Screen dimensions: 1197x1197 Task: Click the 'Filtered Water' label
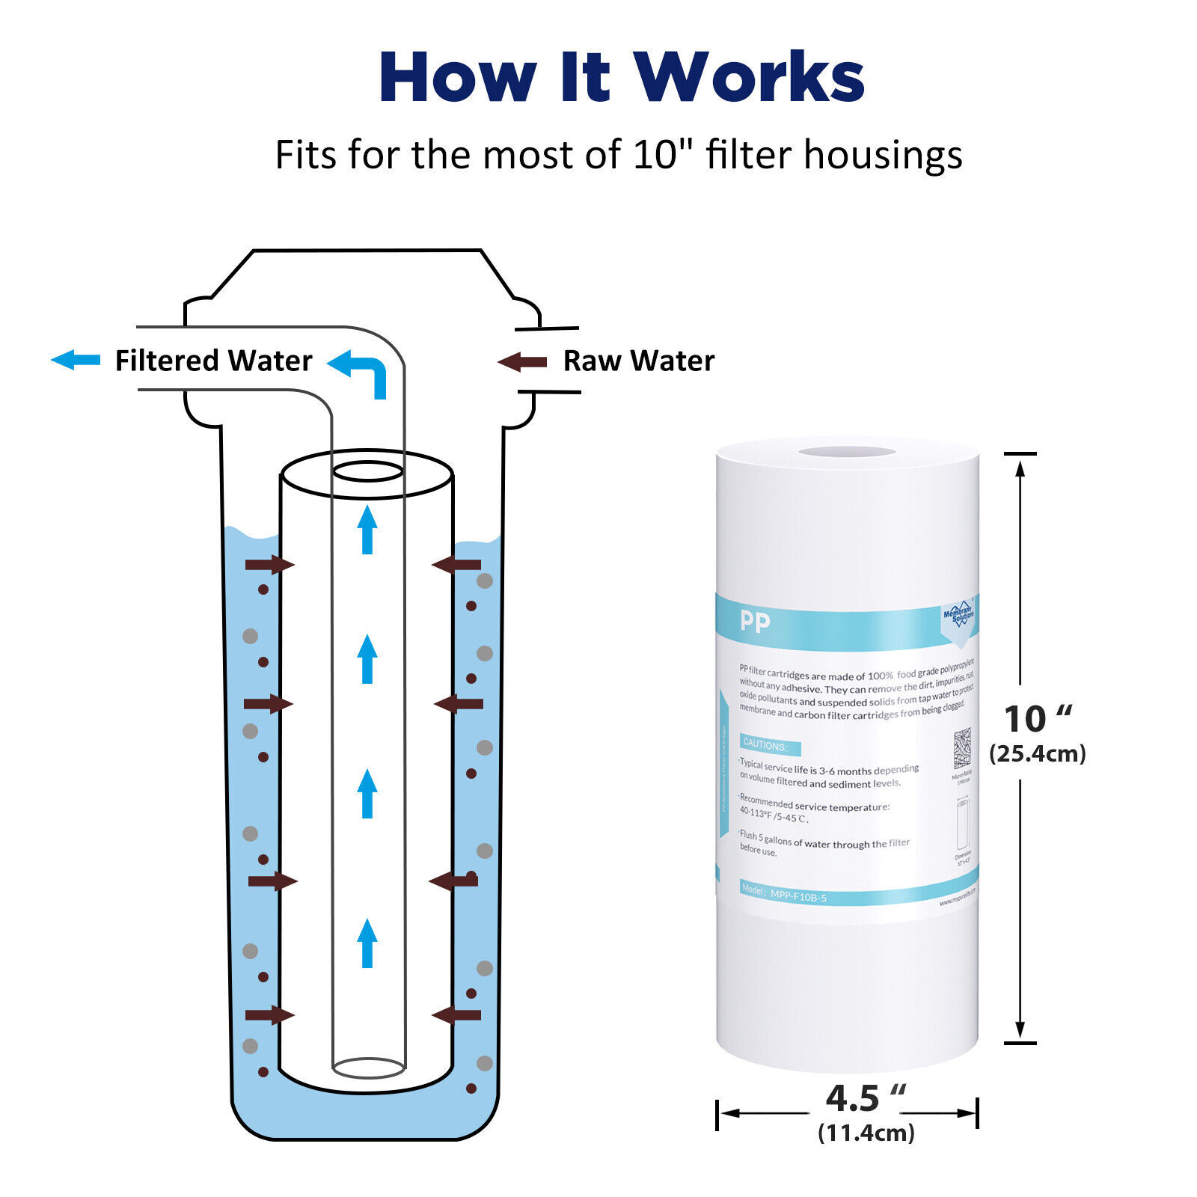click(213, 361)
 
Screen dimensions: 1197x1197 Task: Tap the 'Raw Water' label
click(638, 361)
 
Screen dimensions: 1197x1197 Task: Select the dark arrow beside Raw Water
click(522, 363)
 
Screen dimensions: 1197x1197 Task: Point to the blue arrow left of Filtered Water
click(76, 360)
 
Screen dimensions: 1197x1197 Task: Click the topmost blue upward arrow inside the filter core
click(367, 530)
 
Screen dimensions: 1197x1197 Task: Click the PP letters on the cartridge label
click(754, 622)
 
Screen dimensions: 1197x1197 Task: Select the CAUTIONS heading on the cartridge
click(765, 746)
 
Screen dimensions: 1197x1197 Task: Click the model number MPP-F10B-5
click(798, 896)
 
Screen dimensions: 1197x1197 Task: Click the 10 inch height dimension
click(1037, 719)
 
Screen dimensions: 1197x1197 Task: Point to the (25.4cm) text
click(1037, 753)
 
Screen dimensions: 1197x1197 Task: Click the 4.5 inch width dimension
click(865, 1098)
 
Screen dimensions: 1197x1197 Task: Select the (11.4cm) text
click(866, 1133)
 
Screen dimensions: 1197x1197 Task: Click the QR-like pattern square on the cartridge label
click(962, 747)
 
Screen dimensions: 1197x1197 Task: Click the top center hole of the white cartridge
click(847, 451)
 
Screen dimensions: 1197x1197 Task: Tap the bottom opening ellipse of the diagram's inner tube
click(368, 1068)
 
